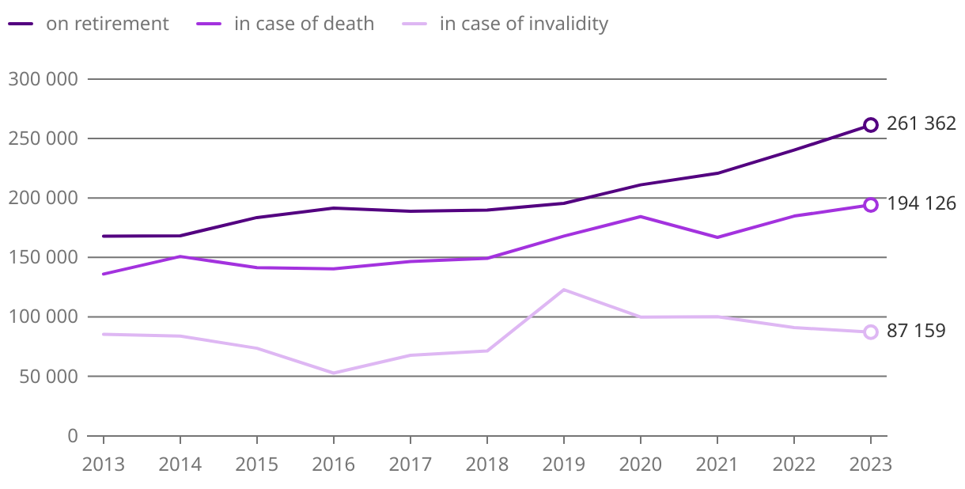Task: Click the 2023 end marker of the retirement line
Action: point(871,125)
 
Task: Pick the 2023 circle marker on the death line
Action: point(871,205)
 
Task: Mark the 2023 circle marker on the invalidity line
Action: point(871,332)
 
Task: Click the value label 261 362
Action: point(921,123)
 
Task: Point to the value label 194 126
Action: point(921,203)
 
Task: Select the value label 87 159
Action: point(916,331)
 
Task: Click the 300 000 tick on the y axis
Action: point(44,79)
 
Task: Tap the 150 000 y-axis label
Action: point(44,257)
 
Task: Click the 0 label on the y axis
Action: point(73,436)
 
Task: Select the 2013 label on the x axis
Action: point(104,464)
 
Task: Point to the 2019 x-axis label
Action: point(564,464)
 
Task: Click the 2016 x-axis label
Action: point(334,464)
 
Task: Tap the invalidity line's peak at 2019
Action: point(564,290)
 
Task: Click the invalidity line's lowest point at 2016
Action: point(334,373)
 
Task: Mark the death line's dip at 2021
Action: point(717,237)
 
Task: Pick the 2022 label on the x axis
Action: point(794,464)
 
